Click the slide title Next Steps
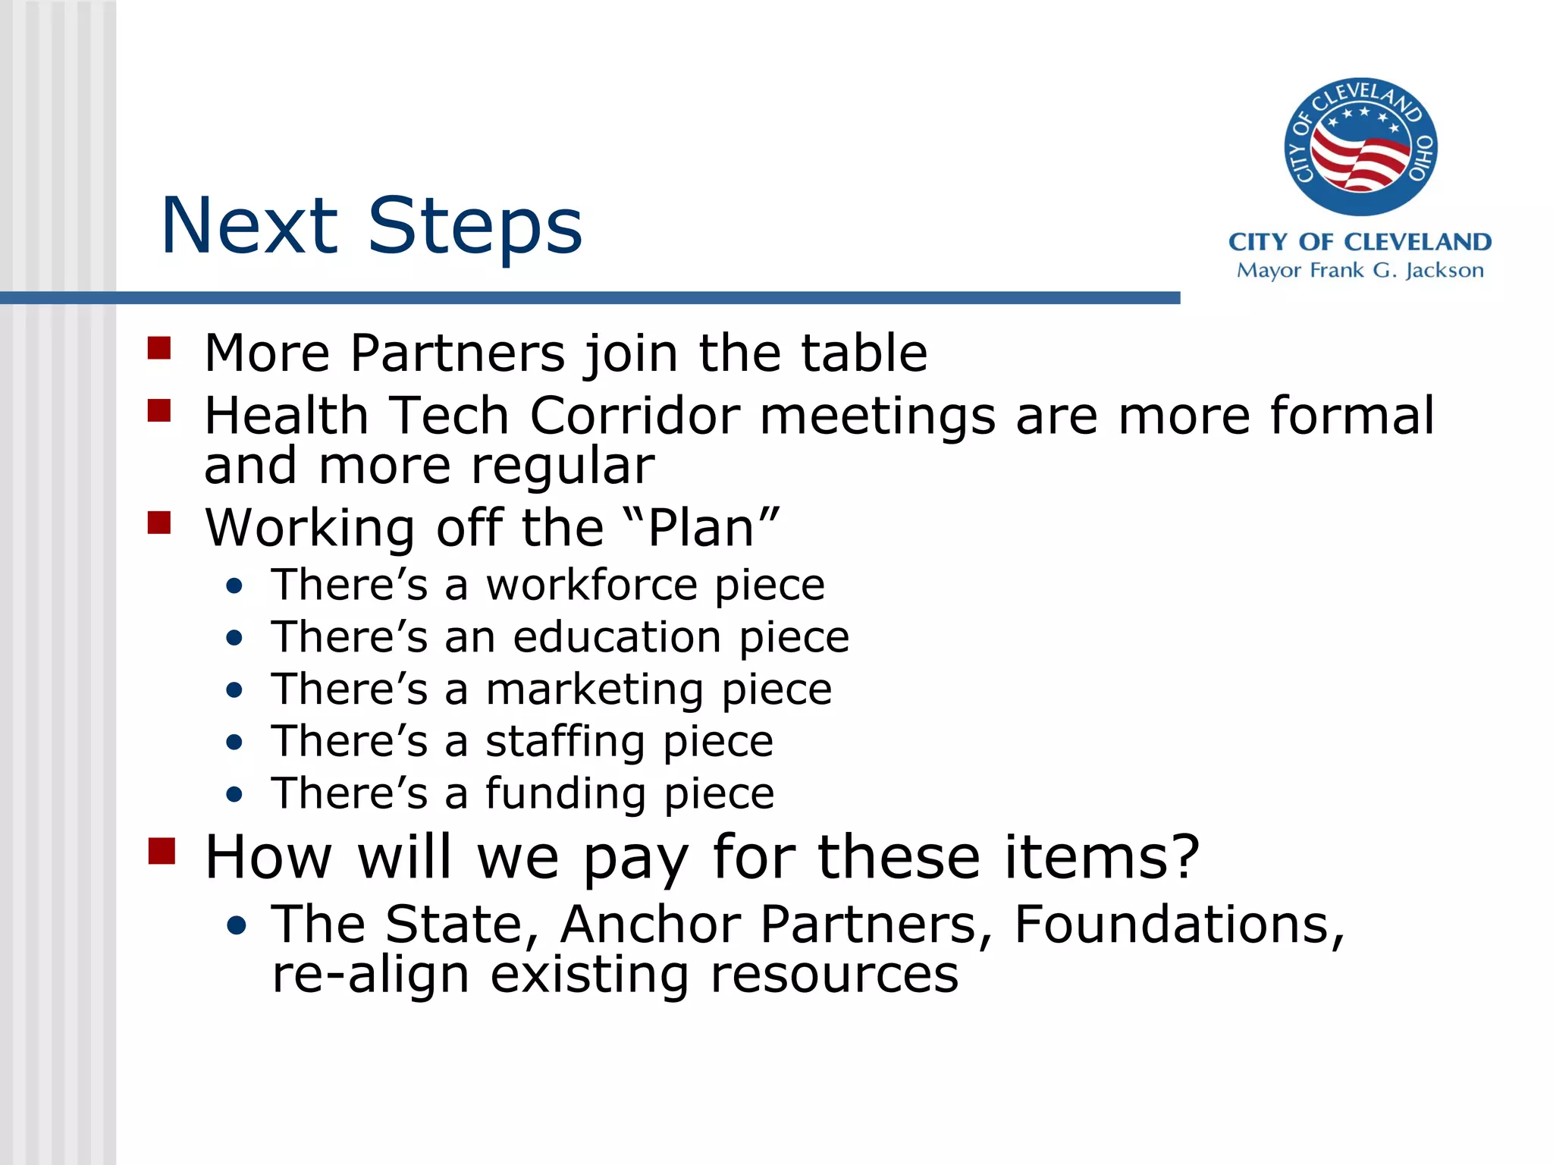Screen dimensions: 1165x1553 (x=372, y=225)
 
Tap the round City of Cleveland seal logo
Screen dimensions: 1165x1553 (x=1360, y=146)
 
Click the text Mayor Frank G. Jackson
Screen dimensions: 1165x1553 (x=1360, y=271)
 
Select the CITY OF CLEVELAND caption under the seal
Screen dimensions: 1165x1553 (x=1360, y=242)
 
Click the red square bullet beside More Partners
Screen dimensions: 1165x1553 (x=159, y=348)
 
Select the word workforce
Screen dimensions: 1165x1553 (x=591, y=585)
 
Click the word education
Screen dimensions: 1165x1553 (x=616, y=636)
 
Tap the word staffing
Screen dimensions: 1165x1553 (x=565, y=741)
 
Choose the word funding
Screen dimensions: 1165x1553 (x=565, y=793)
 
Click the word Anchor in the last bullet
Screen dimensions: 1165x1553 (x=651, y=924)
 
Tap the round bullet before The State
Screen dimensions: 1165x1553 (x=237, y=925)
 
